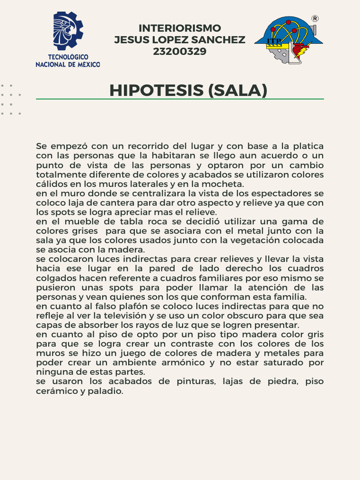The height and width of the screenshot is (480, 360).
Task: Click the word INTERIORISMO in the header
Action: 180,28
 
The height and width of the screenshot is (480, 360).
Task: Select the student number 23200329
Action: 180,52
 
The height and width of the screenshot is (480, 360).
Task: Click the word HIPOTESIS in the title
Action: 156,90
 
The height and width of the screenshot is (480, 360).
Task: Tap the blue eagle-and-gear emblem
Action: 67,31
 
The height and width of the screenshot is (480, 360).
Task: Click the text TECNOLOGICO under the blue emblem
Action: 68,57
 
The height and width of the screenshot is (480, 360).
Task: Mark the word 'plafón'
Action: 123,306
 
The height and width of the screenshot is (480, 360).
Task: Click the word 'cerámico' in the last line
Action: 55,390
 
